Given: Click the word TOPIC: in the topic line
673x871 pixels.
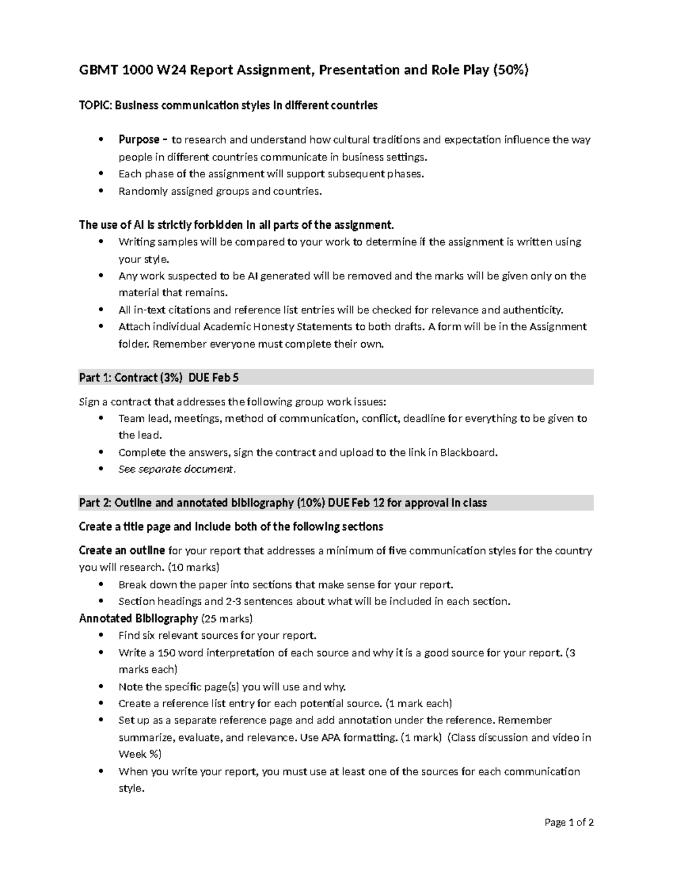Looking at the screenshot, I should point(95,105).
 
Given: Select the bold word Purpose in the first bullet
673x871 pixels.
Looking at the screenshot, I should point(139,140).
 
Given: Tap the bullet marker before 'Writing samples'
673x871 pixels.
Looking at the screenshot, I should point(101,242).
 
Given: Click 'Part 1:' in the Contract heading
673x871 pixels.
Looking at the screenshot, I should point(95,378).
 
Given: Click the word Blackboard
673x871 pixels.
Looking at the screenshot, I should point(468,452).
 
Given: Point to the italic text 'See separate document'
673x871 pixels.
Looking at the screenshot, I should point(176,469).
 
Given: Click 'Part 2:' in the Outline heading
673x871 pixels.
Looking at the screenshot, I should point(95,503).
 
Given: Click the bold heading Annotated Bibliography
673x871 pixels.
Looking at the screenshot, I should point(138,619).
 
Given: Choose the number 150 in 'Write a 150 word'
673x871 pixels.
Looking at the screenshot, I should point(169,653).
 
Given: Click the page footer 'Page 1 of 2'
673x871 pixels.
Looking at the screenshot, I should point(569,823).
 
